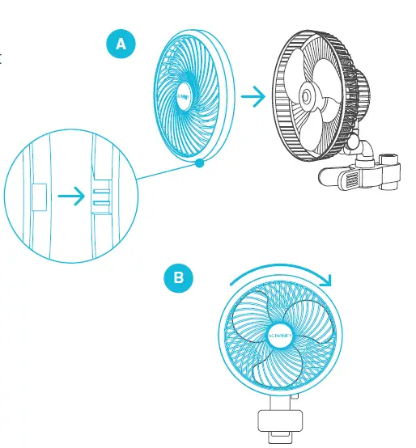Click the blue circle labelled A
(121, 44)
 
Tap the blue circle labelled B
(179, 279)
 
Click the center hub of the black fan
(308, 95)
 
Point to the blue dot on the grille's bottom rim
(198, 164)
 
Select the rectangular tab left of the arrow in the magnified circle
(38, 197)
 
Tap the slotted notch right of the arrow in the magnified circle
(100, 197)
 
